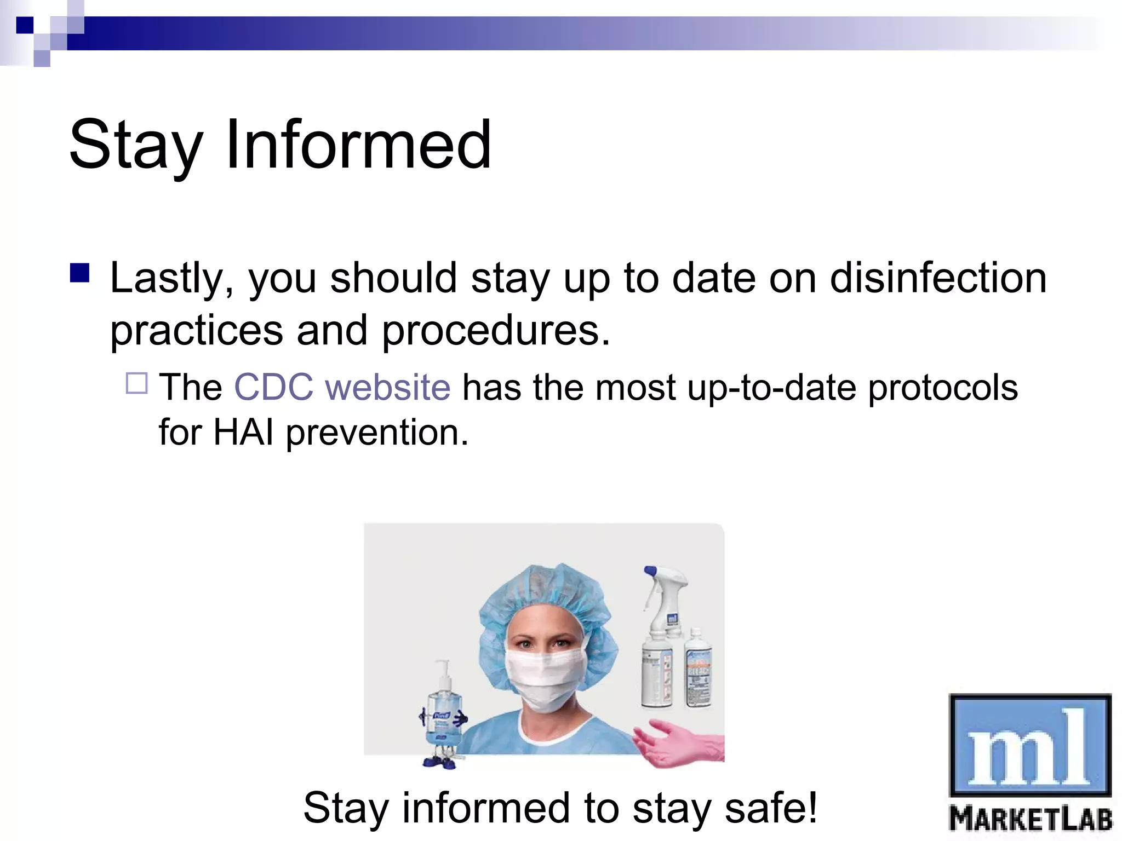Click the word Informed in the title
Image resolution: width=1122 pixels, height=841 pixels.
click(359, 145)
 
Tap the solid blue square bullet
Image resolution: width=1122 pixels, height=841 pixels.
click(80, 273)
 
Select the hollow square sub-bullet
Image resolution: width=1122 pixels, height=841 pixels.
click(136, 383)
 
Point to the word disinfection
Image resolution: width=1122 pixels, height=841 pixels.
click(938, 278)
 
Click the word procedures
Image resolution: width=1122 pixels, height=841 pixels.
click(496, 331)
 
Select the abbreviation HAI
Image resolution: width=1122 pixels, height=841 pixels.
click(243, 433)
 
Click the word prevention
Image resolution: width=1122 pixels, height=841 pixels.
click(377, 433)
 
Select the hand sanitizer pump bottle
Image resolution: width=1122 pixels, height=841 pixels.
click(444, 712)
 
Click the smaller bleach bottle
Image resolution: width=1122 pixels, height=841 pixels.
click(698, 671)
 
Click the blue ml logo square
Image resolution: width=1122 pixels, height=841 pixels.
click(1029, 745)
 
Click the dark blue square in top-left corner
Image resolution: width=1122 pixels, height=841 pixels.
click(25, 25)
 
